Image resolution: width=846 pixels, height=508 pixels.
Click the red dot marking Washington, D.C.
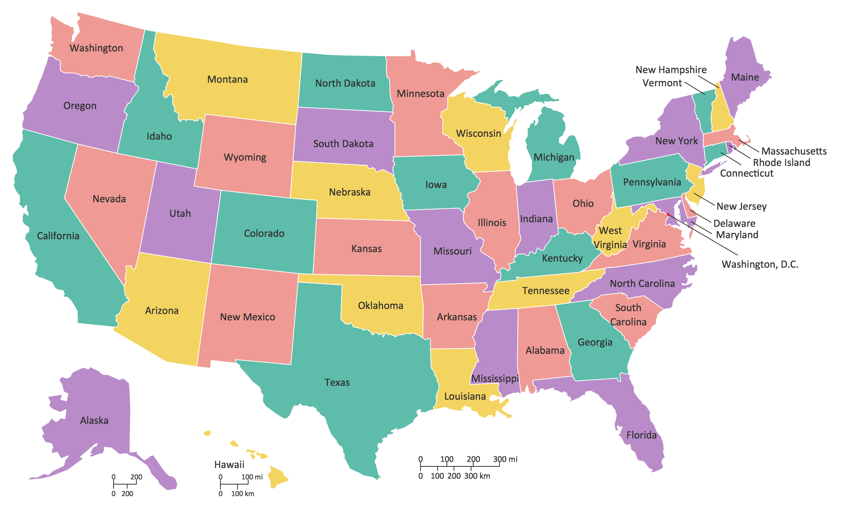(x=668, y=214)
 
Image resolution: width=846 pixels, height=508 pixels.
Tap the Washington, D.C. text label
(x=760, y=264)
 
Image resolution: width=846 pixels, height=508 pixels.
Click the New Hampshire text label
(x=671, y=70)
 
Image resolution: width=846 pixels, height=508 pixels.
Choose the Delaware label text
(x=734, y=223)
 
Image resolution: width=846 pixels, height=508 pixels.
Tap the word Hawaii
(x=229, y=465)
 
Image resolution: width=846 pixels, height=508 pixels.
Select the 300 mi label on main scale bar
(x=505, y=459)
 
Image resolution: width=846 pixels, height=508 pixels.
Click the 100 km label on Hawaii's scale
(x=242, y=494)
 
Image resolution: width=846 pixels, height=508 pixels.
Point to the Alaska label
(x=94, y=420)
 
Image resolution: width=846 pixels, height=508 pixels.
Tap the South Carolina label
(x=628, y=315)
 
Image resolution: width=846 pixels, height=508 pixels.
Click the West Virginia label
(x=610, y=238)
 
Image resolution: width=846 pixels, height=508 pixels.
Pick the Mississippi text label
(x=495, y=379)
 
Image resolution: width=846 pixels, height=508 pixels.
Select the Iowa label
(x=436, y=185)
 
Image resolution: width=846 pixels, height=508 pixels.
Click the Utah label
(x=180, y=213)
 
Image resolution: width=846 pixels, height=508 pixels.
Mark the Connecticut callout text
(x=747, y=173)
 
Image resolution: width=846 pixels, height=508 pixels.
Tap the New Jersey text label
(x=741, y=206)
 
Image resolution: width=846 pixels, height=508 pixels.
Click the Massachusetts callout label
(x=794, y=151)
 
